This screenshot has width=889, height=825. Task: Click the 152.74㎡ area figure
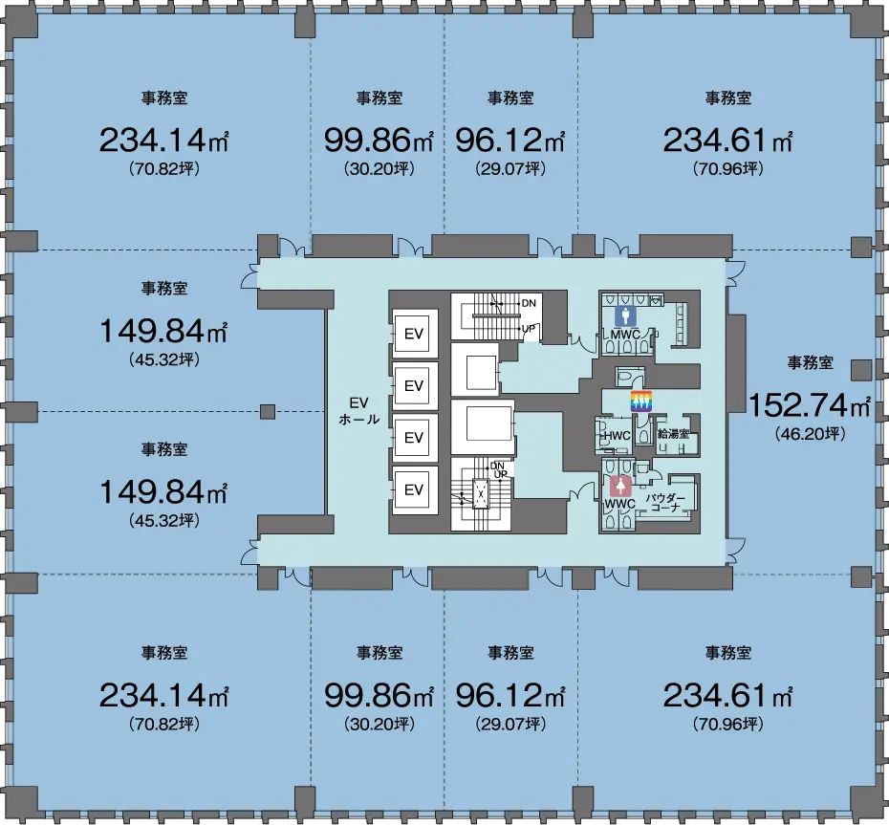810,404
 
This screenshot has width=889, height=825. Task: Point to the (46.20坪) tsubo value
810,434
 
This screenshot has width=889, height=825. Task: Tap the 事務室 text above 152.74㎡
811,362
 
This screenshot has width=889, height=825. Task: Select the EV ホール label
358,411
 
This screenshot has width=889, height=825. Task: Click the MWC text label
625,335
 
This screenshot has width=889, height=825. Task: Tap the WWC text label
619,504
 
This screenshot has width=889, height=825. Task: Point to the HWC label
617,436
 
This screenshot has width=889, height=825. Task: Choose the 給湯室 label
673,434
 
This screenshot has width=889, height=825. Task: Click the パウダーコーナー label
665,503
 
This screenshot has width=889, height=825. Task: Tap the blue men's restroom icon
625,316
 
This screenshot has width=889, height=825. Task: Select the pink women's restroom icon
621,487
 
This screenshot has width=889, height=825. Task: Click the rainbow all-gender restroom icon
641,402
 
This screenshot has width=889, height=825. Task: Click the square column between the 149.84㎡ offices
268,412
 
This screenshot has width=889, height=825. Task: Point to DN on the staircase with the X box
497,467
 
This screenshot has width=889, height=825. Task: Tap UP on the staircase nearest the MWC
529,328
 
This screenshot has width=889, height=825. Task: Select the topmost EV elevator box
413,334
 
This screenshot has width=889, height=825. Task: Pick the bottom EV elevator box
413,489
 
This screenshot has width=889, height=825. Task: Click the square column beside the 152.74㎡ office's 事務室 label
860,370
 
